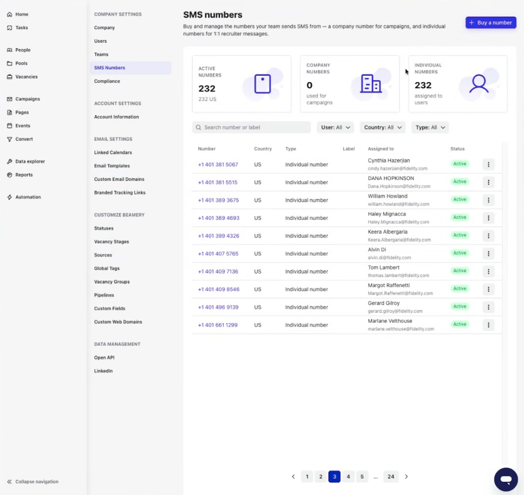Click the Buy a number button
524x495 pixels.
491,23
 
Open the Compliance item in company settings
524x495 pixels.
107,81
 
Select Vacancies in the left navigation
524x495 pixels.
26,77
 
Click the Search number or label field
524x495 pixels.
251,127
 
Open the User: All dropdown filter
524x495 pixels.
335,127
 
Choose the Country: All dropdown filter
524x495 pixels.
383,127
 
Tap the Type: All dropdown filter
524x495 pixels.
430,127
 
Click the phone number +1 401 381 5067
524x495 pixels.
218,164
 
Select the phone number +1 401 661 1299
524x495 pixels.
217,325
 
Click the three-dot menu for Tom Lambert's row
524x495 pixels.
488,272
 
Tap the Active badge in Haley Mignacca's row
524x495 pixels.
460,217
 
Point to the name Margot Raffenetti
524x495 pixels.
389,285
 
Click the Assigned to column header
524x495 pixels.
381,149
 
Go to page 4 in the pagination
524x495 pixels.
348,476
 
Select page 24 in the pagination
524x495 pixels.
390,476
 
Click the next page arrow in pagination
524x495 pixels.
406,476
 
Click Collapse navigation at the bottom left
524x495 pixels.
33,482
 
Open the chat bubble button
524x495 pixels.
506,479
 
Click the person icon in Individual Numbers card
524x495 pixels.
479,84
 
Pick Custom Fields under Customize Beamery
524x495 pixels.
109,308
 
